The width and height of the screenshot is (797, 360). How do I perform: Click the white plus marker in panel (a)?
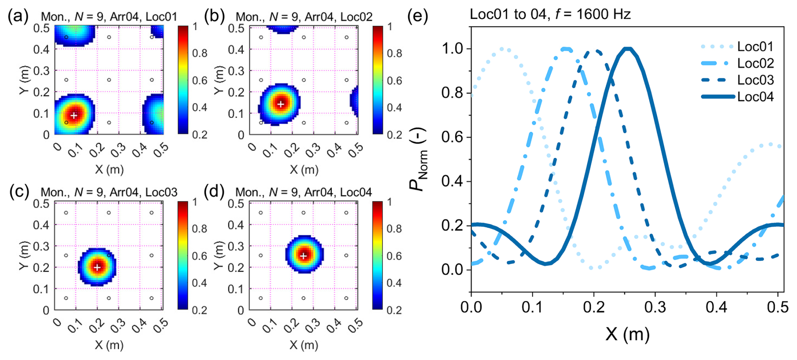[x=74, y=115]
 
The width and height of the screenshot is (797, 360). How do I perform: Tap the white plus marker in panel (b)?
[x=281, y=104]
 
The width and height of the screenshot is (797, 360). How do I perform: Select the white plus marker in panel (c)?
[x=97, y=267]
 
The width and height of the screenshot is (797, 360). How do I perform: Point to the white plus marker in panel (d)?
[x=303, y=256]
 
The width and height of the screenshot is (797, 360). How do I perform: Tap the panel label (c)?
[x=19, y=192]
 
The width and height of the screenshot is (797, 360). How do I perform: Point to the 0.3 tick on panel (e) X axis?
[x=655, y=307]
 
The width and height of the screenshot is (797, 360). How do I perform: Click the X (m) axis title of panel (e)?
[x=627, y=334]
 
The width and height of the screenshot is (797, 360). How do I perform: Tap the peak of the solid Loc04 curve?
[x=628, y=49]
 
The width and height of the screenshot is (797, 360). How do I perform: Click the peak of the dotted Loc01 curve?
[x=502, y=49]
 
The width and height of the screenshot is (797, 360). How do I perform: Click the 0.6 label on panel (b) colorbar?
[x=394, y=80]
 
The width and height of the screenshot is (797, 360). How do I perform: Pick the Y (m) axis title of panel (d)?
[x=218, y=256]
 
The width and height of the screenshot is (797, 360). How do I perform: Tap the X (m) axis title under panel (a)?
[x=109, y=169]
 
